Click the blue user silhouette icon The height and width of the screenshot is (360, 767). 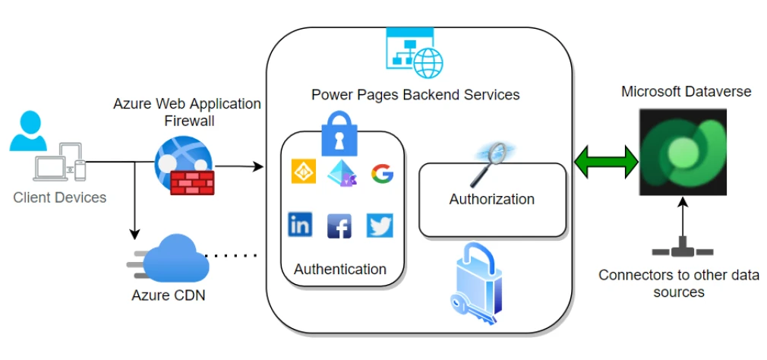click(x=29, y=131)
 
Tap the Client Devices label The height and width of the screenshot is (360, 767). click(x=60, y=197)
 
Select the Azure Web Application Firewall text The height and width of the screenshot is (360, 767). click(x=187, y=112)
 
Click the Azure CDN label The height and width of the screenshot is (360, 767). click(x=169, y=294)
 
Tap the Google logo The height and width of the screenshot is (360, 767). click(x=382, y=174)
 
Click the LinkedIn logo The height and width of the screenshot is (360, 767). click(x=300, y=224)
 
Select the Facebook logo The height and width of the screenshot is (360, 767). click(x=339, y=226)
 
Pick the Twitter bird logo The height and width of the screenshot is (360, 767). click(x=380, y=225)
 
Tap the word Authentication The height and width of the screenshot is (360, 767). click(x=339, y=269)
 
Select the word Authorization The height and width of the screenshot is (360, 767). click(x=491, y=200)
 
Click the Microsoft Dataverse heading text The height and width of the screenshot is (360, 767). click(x=686, y=92)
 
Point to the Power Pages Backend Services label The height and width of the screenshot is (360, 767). click(x=415, y=95)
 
